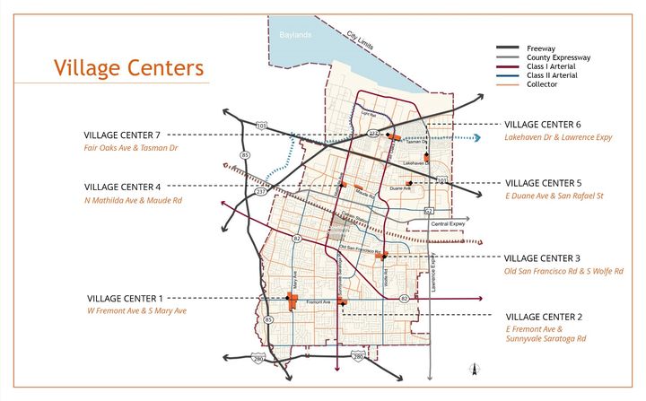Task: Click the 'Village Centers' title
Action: pos(128,68)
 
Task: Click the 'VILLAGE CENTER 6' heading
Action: pos(543,125)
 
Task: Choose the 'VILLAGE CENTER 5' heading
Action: pos(543,183)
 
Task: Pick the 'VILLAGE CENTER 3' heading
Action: pos(543,257)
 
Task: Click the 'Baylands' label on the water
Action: pos(294,35)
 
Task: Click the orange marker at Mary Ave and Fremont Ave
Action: pos(292,301)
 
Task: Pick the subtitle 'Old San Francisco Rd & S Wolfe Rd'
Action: pos(563,271)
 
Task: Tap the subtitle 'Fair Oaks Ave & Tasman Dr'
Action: pos(132,148)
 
